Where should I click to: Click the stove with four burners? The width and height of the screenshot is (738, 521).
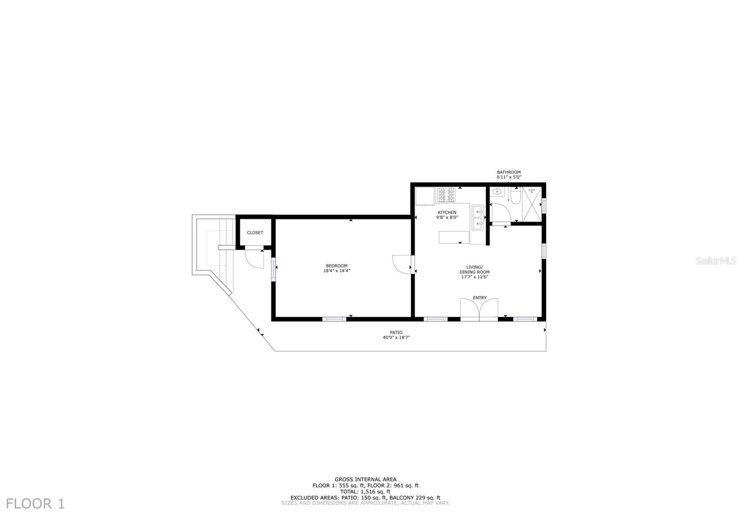446,195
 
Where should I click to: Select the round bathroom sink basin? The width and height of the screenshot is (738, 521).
497,191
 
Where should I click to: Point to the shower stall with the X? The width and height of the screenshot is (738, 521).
532,204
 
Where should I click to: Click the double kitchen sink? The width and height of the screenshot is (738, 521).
478,217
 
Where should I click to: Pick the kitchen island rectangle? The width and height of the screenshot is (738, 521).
454,237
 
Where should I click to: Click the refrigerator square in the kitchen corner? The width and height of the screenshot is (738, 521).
425,196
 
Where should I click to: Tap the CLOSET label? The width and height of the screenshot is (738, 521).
255,233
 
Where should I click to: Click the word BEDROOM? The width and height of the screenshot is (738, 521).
336,266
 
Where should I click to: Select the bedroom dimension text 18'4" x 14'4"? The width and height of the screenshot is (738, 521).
336,271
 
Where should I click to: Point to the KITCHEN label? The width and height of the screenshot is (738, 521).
447,213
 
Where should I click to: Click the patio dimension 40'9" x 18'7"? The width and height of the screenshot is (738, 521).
396,337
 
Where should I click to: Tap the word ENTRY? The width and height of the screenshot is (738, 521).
480,298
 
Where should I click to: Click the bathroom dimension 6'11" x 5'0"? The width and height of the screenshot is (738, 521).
509,177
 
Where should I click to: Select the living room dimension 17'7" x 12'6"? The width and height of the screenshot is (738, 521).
475,277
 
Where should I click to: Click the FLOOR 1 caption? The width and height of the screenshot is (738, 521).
35,504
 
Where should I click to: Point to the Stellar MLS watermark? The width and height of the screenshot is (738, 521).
715,261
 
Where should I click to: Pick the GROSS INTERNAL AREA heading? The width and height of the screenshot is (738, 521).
366,480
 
